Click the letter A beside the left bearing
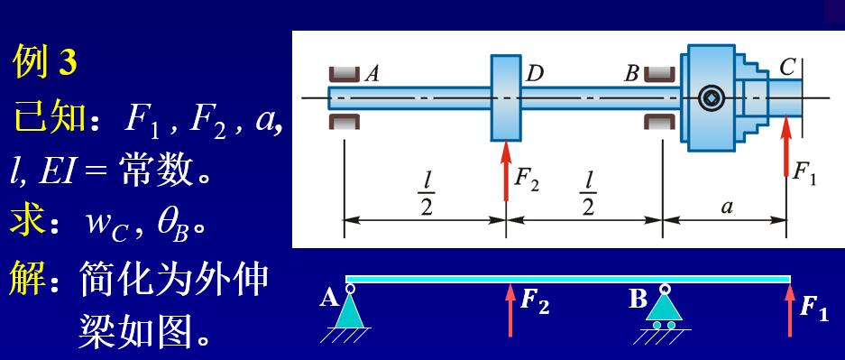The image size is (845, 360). tap(372, 74)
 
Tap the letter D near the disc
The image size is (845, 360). tap(534, 74)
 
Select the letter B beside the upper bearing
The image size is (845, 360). tap(631, 74)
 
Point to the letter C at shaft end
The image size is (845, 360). tap(787, 68)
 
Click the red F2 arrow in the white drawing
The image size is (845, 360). tap(506, 171)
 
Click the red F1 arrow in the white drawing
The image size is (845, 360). tap(786, 146)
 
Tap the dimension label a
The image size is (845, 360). tap(727, 207)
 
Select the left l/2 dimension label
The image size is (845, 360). tap(427, 193)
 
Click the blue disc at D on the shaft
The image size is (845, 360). tap(506, 97)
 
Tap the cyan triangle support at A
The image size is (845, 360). tap(350, 312)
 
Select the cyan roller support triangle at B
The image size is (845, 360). tap(665, 308)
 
